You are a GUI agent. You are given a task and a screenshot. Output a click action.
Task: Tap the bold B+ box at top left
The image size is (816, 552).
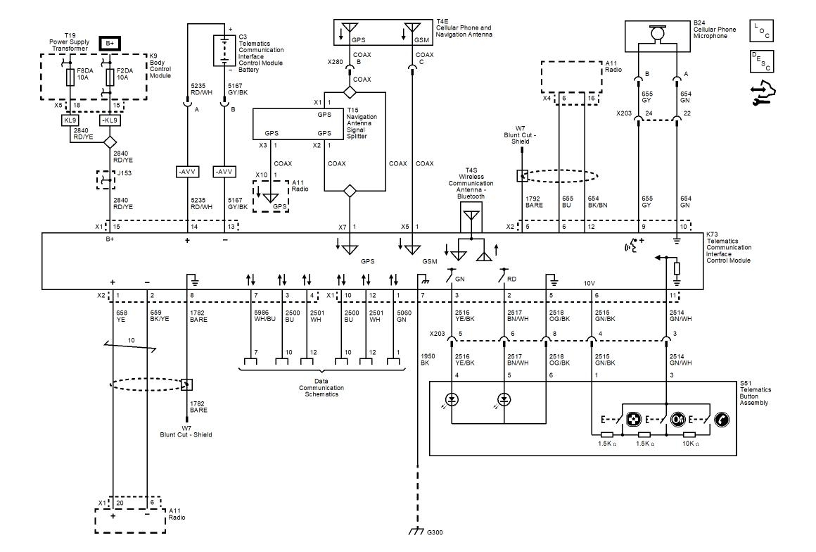[109, 43]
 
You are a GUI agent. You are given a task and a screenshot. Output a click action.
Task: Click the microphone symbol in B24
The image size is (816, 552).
[658, 32]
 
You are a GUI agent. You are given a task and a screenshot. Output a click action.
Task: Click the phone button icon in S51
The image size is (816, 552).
[722, 420]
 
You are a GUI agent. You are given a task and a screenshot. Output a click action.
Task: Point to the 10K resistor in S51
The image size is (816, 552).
[690, 434]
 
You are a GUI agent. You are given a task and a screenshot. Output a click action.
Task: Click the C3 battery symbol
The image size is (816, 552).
[227, 50]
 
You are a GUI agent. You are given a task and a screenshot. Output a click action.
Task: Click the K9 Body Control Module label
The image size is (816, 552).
[157, 68]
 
